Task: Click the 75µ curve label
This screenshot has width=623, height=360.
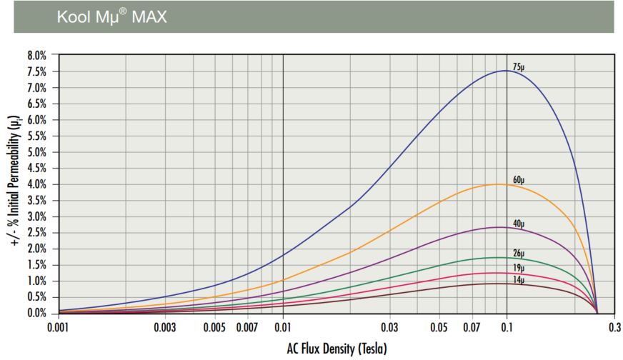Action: [x=519, y=66]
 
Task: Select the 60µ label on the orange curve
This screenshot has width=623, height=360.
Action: [x=519, y=179]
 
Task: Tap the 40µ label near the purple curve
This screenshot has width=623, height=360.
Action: [x=519, y=223]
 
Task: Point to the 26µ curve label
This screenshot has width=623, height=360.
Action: [x=519, y=253]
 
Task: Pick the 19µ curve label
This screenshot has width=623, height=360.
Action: [x=519, y=268]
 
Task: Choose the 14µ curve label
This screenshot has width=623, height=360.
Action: [x=519, y=279]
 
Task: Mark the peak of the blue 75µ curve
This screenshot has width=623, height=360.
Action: [x=506, y=71]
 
